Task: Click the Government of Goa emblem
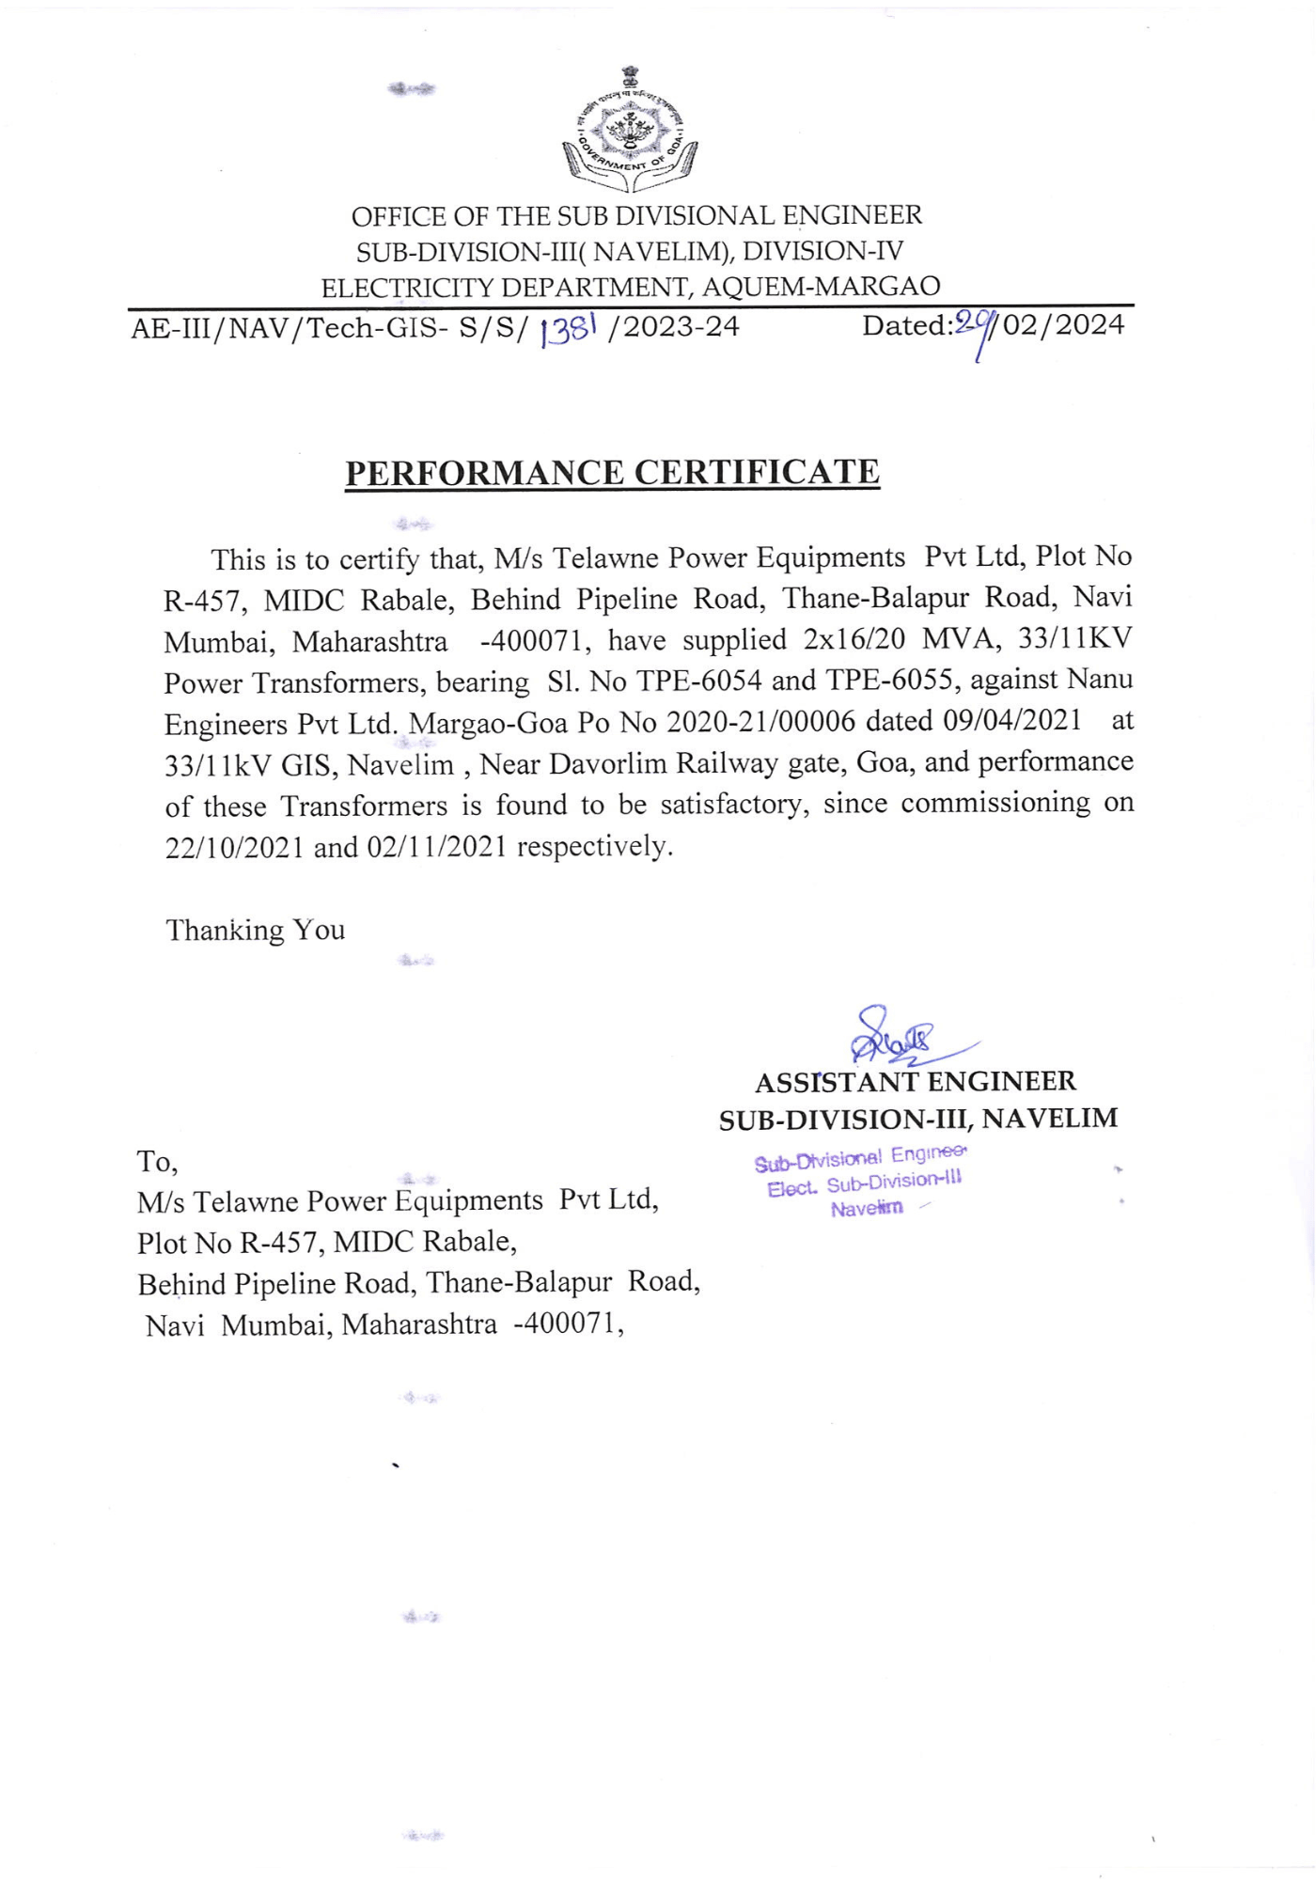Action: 630,130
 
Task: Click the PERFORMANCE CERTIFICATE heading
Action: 612,472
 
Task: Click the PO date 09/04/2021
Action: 1012,721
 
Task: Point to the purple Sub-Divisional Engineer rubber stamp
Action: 860,1181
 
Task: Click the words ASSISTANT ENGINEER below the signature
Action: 915,1082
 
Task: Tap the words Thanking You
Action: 255,931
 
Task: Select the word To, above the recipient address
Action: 157,1162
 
